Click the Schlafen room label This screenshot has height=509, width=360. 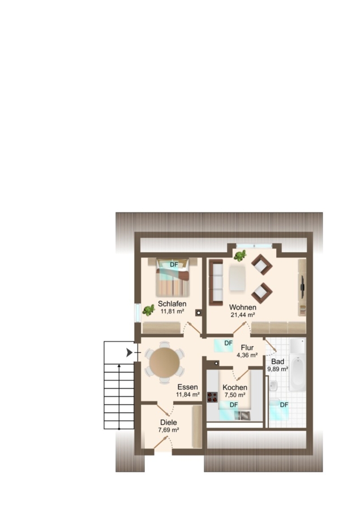click(172, 304)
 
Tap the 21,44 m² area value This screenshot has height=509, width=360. click(243, 314)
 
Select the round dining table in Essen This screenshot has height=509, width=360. click(164, 363)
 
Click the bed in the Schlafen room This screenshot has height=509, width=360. click(173, 278)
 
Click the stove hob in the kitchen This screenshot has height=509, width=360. click(212, 397)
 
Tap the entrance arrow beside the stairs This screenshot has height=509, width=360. click(129, 352)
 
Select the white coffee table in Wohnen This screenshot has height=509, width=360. click(238, 278)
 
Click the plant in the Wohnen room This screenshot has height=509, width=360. click(240, 256)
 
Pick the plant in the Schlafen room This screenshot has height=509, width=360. click(148, 310)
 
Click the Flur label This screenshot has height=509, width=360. click(247, 348)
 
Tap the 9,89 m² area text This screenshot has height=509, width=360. click(278, 369)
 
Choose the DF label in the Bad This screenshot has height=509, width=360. click(284, 405)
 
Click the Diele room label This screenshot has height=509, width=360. click(169, 422)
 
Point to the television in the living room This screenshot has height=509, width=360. click(302, 287)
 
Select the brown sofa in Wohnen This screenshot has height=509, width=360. click(216, 282)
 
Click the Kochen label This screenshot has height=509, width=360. click(235, 387)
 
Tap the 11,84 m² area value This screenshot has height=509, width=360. click(188, 395)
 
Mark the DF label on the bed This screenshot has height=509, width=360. click(174, 265)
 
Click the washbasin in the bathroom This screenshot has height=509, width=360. click(273, 386)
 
